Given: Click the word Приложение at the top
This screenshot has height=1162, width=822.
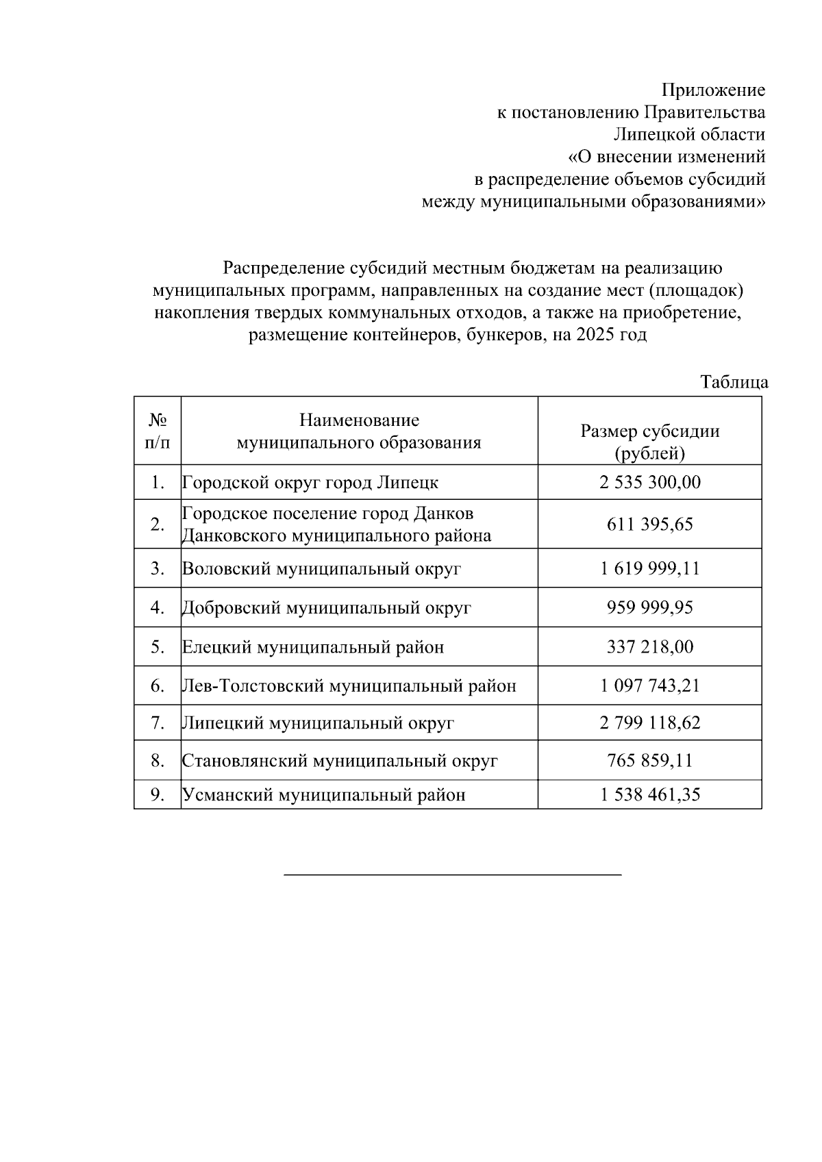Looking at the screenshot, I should (712, 90).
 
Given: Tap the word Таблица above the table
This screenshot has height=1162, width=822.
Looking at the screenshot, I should (734, 382).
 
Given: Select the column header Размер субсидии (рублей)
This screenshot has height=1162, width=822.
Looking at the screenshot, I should (649, 442).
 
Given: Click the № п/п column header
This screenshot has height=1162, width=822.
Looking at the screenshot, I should (158, 430).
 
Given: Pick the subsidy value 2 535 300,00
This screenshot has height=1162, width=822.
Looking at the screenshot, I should (649, 482).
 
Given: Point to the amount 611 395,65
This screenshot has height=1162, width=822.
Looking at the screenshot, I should (649, 524).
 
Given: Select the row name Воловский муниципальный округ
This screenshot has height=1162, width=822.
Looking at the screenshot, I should (321, 568).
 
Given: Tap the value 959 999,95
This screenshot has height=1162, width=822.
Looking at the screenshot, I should (649, 607).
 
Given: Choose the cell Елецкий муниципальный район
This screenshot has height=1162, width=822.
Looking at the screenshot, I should (312, 646).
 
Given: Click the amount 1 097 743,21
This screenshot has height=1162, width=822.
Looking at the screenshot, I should (649, 685).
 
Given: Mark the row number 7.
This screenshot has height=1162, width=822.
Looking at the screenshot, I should (158, 722).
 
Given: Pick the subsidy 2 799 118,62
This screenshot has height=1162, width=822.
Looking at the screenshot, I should (649, 722).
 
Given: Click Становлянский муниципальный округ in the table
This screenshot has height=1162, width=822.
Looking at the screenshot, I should (339, 760).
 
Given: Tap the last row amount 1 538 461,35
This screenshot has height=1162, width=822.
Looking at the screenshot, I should (649, 794).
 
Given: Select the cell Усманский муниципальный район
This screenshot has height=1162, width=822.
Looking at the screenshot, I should (323, 794).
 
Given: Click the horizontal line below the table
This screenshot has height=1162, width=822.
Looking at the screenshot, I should (452, 875).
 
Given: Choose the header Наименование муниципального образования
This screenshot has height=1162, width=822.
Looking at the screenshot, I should (358, 431).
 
